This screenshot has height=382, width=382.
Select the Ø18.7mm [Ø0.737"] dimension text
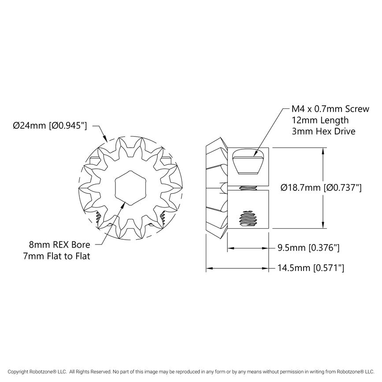click(x=321, y=188)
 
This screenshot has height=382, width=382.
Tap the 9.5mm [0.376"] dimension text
click(x=308, y=248)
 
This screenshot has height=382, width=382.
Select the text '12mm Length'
click(x=320, y=120)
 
